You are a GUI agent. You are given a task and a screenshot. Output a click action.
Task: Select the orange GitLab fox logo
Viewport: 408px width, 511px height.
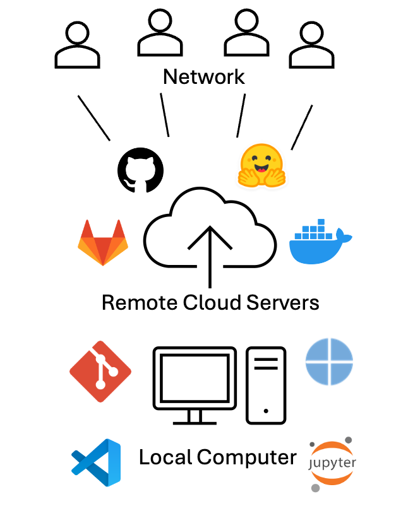[102, 243]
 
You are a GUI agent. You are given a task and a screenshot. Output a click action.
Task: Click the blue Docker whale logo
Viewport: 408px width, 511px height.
[320, 242]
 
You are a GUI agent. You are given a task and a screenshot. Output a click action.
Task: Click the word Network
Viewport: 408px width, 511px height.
[203, 77]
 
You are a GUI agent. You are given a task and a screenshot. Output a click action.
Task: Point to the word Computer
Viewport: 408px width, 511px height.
[248, 458]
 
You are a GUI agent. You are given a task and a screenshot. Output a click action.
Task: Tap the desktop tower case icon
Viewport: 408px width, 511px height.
[266, 384]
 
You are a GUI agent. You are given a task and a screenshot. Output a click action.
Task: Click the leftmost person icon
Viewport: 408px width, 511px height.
[77, 47]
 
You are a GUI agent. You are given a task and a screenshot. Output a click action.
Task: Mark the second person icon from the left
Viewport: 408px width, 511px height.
[160, 37]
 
